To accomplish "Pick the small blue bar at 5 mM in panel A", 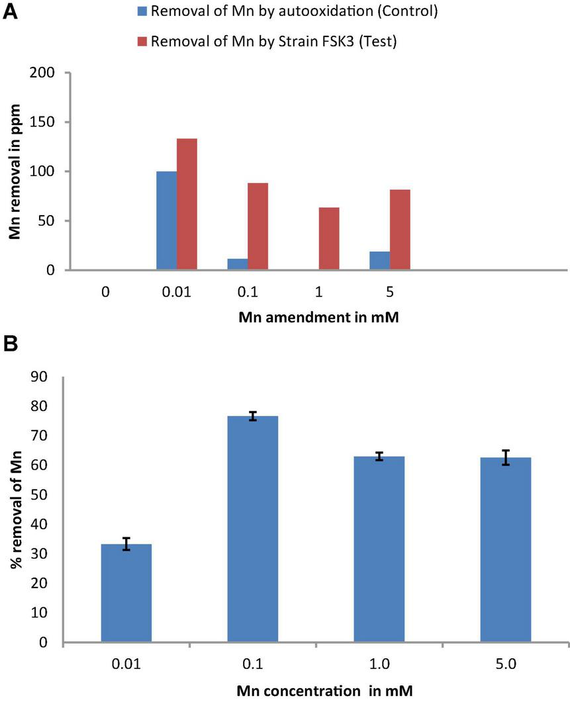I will (379, 261).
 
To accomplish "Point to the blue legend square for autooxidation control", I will (142, 12).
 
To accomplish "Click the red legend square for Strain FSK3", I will (142, 41).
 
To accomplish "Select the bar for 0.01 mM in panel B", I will (126, 593).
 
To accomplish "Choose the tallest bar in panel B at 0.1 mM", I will (252, 529).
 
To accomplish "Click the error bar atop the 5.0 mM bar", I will (506, 457).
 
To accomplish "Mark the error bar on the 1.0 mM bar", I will (379, 457).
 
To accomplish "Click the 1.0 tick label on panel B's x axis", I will (379, 664).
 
